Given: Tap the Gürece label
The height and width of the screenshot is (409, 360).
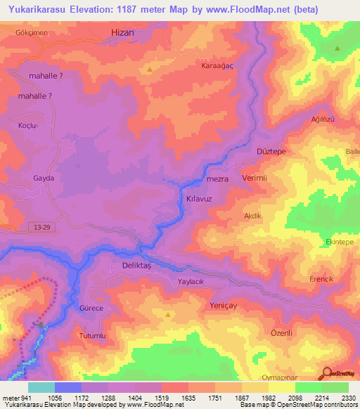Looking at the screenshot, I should (x=91, y=309).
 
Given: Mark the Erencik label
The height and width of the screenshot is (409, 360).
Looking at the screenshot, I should (x=321, y=279).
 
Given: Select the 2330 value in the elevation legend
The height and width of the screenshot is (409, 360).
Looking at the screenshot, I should (x=348, y=398).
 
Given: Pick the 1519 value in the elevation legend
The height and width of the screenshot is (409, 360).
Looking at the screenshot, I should (x=161, y=398).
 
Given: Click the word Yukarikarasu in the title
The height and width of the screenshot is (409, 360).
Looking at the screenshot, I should (x=37, y=10).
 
